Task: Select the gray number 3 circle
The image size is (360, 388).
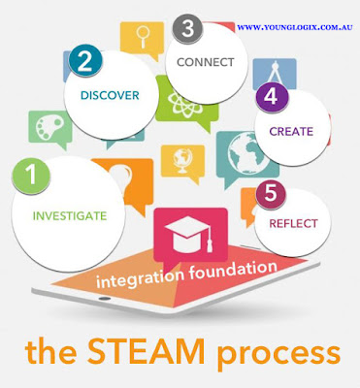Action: [x=187, y=29]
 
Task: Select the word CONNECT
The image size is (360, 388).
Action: [x=200, y=61]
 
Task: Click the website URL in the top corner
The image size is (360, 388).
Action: [x=294, y=28]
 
